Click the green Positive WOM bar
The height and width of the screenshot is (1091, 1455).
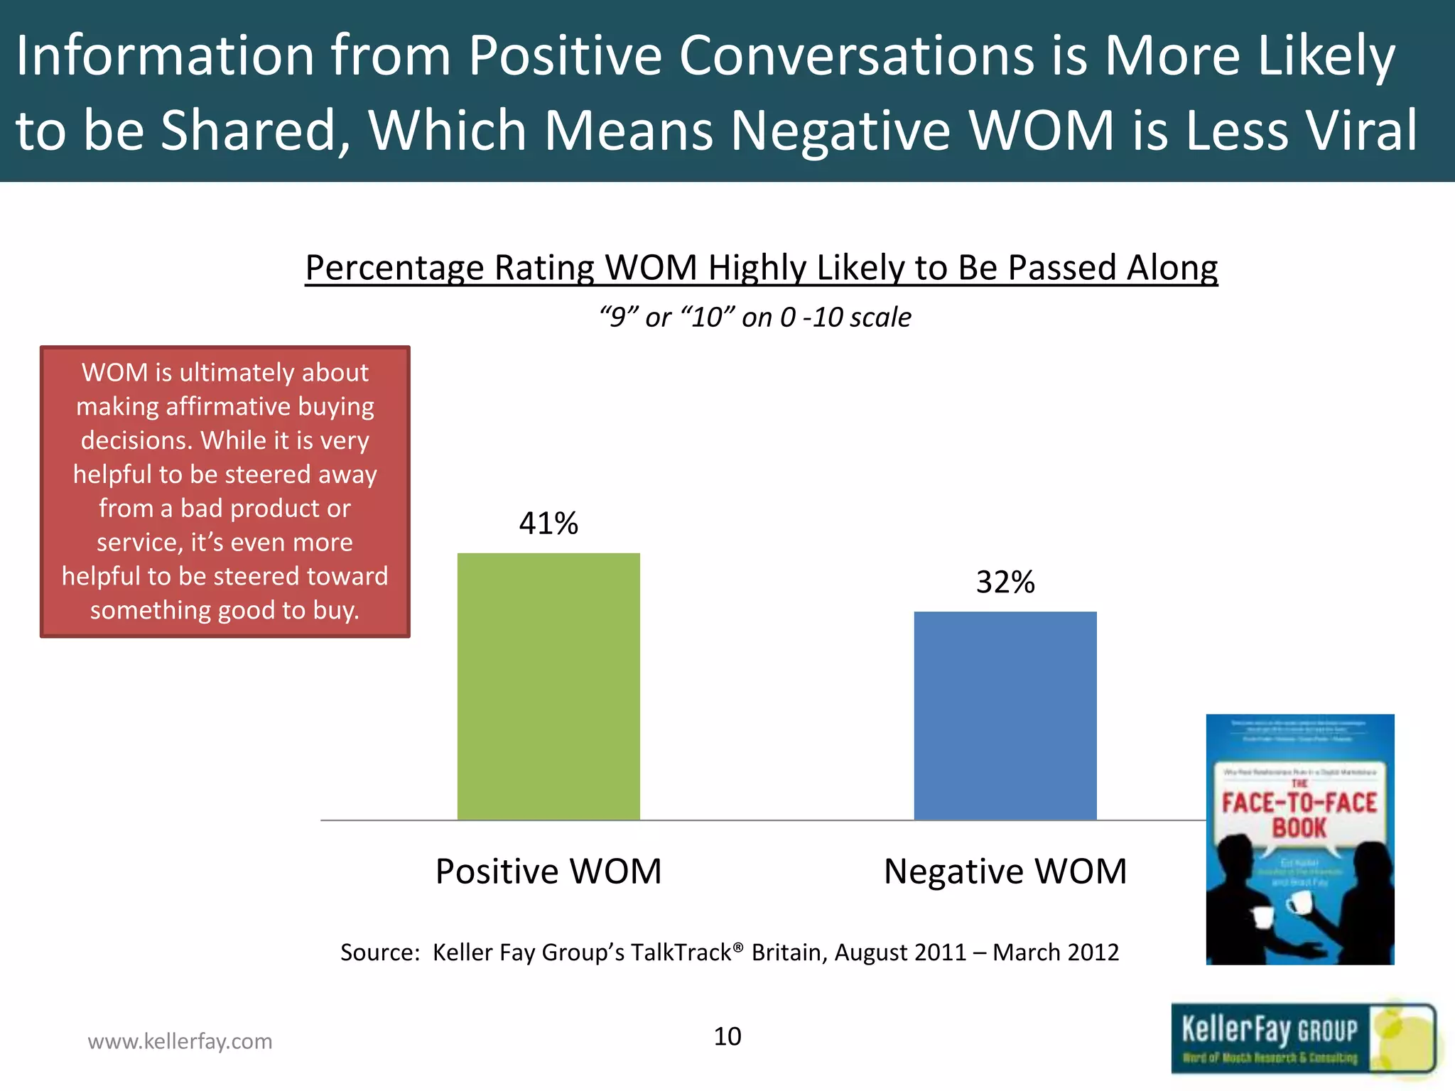tap(548, 686)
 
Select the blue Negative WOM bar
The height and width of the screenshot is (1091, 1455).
tap(1005, 715)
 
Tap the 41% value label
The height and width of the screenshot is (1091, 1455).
tap(548, 523)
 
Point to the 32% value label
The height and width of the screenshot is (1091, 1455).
tap(1005, 582)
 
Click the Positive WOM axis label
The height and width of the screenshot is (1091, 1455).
tap(548, 871)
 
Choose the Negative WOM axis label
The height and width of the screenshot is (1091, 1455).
tap(1005, 871)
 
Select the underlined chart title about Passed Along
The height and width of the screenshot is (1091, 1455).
tap(761, 268)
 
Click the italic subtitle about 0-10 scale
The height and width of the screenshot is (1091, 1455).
tap(754, 317)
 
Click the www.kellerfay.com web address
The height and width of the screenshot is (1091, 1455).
tap(180, 1041)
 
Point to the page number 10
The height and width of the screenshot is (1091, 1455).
tap(727, 1036)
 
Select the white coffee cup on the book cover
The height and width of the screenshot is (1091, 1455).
tap(1300, 903)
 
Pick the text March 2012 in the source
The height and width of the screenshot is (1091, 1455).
tap(1056, 952)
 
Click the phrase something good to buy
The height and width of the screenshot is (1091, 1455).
tap(225, 610)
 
